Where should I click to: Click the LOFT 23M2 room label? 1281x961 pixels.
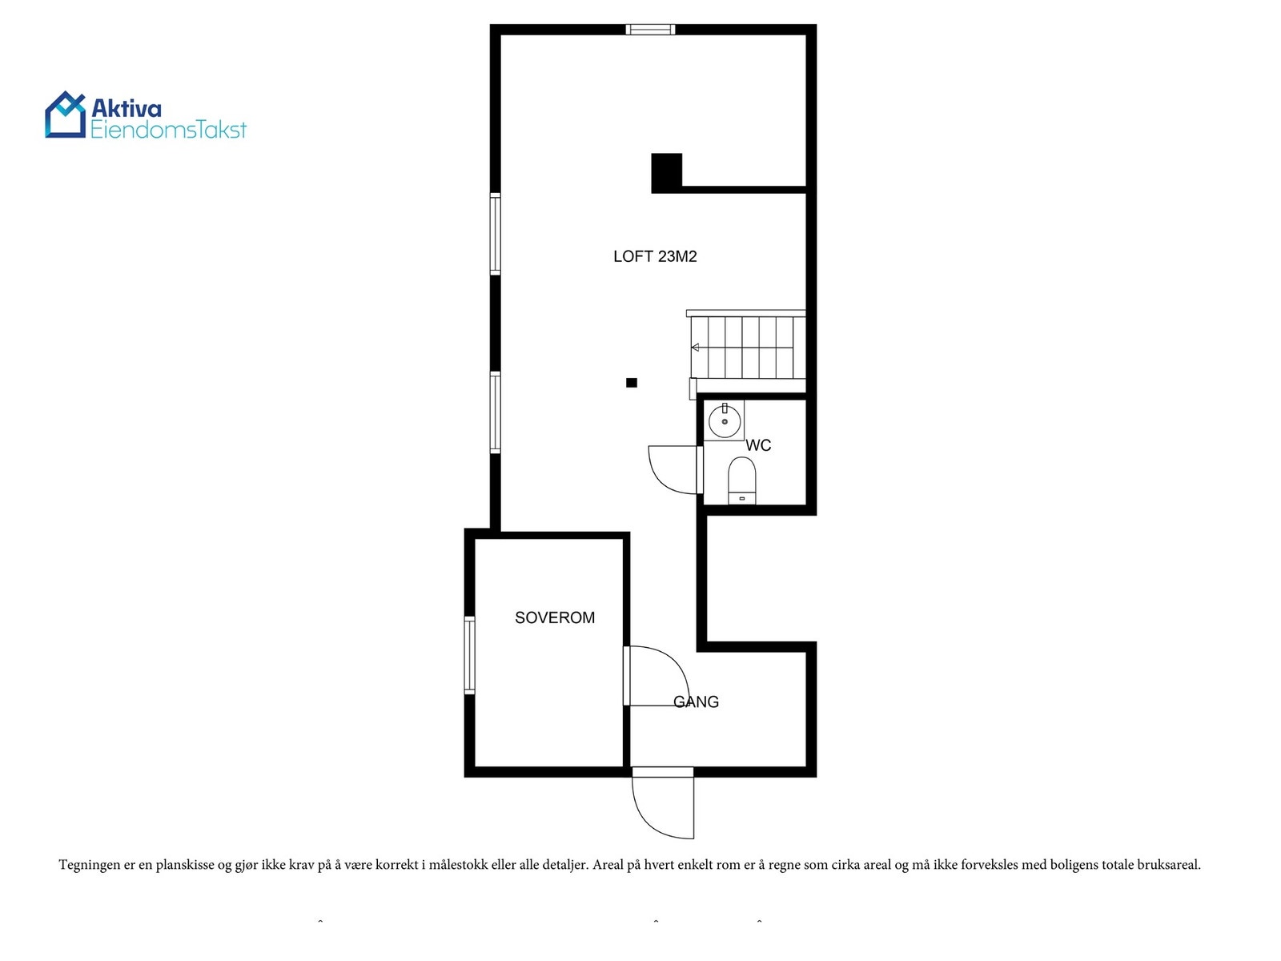point(655,256)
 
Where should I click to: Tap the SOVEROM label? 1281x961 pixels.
point(554,617)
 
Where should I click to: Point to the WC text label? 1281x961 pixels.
point(758,445)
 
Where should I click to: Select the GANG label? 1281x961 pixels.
point(696,702)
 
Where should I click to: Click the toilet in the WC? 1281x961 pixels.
point(741,480)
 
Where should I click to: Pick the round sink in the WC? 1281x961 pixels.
point(725,421)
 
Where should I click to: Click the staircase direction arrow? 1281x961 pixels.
point(696,348)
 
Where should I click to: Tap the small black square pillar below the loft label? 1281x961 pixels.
point(632,383)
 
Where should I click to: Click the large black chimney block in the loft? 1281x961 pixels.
point(666,172)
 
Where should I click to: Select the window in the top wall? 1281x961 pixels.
point(650,30)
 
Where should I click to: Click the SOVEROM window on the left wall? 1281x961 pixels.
point(470,654)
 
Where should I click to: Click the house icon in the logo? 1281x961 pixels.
point(65,115)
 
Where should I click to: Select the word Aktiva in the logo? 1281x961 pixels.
point(126,108)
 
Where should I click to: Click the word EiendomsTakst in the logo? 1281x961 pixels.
point(168,130)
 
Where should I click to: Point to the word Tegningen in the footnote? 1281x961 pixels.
point(89,865)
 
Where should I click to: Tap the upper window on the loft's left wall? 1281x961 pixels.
point(496,234)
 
